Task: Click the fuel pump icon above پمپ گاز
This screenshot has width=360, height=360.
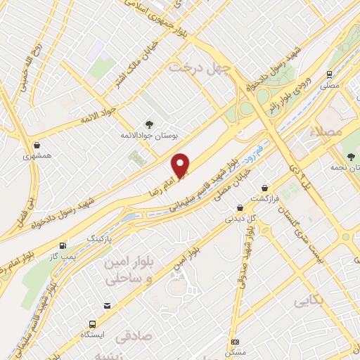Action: pos(64,245)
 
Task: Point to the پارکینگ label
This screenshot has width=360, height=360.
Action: pos(99,240)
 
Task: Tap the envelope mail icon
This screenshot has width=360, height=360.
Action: pos(107,306)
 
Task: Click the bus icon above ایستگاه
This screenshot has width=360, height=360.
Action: pos(92,324)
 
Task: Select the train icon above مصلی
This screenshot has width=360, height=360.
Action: pos(328,74)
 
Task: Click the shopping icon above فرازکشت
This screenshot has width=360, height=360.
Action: pos(264,188)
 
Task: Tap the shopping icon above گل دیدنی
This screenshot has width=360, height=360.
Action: pos(240,207)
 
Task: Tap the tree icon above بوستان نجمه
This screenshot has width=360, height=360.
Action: pos(352,156)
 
